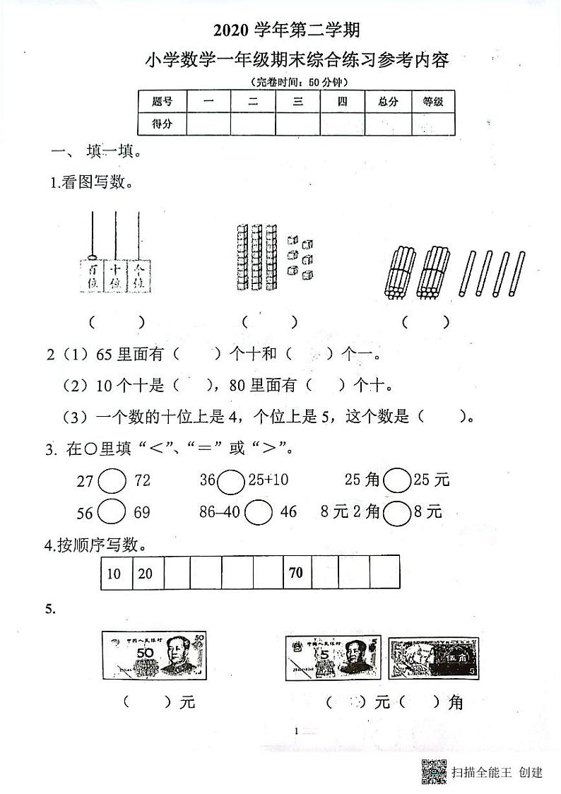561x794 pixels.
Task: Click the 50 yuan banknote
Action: pos(155,656)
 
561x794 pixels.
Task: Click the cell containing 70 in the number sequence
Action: pos(297,573)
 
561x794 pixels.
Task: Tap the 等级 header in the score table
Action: pos(432,102)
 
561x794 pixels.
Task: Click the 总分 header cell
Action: pos(388,102)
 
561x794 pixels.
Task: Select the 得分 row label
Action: pos(163,124)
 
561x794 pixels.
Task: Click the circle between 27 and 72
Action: pos(112,482)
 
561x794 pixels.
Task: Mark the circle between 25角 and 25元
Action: pos(398,482)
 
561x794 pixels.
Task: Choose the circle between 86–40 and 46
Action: pos(260,512)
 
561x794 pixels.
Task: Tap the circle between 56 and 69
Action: pos(112,512)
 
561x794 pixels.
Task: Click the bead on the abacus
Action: pos(92,259)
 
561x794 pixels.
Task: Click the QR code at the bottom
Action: pos(433,771)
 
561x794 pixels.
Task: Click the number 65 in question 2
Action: pos(105,353)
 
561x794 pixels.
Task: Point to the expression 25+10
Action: pos(268,482)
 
